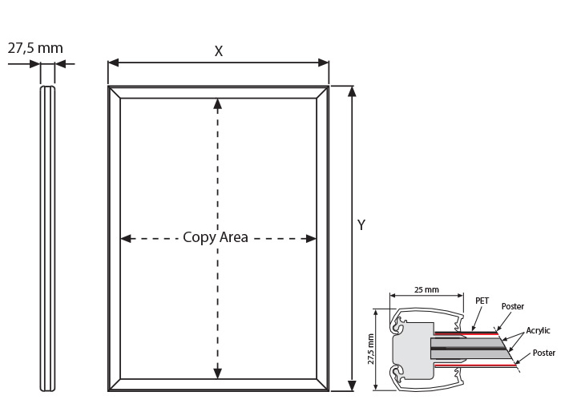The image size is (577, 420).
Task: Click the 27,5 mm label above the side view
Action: (x=35, y=48)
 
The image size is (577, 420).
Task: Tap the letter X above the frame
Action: (x=219, y=51)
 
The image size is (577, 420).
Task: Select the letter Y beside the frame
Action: (x=361, y=224)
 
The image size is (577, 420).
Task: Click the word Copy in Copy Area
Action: (x=199, y=238)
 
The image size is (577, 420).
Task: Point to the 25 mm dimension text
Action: (x=426, y=289)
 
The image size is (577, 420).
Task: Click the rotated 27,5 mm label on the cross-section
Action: (x=370, y=349)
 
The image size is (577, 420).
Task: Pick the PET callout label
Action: (x=482, y=301)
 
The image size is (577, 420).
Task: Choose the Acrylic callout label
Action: (x=538, y=330)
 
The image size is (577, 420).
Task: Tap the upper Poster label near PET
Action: (x=513, y=306)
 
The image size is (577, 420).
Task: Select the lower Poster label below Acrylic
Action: (x=544, y=353)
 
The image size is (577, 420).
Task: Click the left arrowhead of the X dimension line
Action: (x=113, y=63)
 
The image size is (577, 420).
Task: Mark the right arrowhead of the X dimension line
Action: (x=324, y=63)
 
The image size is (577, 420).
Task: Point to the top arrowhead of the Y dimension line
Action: (x=352, y=91)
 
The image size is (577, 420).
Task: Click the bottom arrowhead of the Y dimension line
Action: (x=352, y=386)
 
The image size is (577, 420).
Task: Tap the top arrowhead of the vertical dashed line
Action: (x=218, y=104)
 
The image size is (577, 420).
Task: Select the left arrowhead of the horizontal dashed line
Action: (x=126, y=239)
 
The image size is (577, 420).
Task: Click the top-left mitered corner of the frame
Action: (x=115, y=92)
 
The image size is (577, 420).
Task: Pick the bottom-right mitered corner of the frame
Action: (x=322, y=385)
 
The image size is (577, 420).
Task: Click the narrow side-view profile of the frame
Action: (x=47, y=239)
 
